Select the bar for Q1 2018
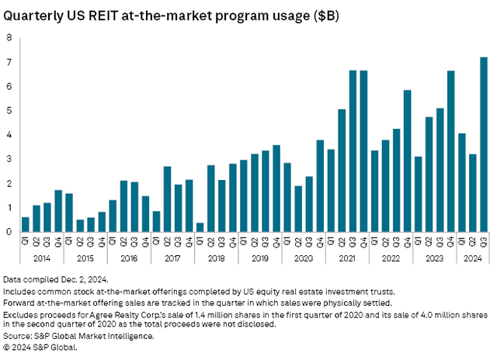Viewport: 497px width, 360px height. click(200, 227)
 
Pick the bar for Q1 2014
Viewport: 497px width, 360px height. click(25, 224)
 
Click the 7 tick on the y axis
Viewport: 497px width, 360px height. click(9, 62)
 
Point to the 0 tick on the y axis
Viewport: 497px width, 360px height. click(9, 232)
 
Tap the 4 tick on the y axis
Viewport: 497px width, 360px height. click(9, 135)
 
